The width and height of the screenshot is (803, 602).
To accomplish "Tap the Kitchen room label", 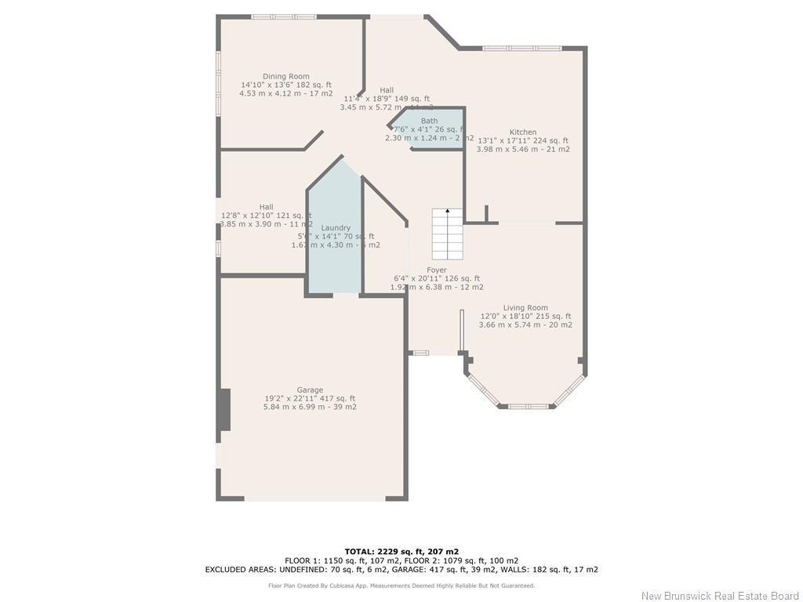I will [523, 132].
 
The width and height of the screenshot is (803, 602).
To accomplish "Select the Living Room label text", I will [525, 308].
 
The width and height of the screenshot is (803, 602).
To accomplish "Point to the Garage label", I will [310, 390].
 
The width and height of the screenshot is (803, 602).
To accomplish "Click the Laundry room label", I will [336, 228].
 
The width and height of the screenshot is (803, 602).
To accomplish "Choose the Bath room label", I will [429, 121].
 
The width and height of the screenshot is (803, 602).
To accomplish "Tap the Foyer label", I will [437, 270].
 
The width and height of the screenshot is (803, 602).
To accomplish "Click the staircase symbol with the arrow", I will [448, 234].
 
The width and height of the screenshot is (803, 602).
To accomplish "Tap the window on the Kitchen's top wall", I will [521, 49].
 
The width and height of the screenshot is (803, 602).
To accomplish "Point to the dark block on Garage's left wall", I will [224, 409].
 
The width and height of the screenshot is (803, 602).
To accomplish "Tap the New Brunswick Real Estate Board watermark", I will [719, 595].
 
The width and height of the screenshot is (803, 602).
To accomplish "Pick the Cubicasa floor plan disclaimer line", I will [401, 586].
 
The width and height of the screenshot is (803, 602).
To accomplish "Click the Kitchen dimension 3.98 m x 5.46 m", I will [523, 149].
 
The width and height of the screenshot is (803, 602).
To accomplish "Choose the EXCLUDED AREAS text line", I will [401, 570].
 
